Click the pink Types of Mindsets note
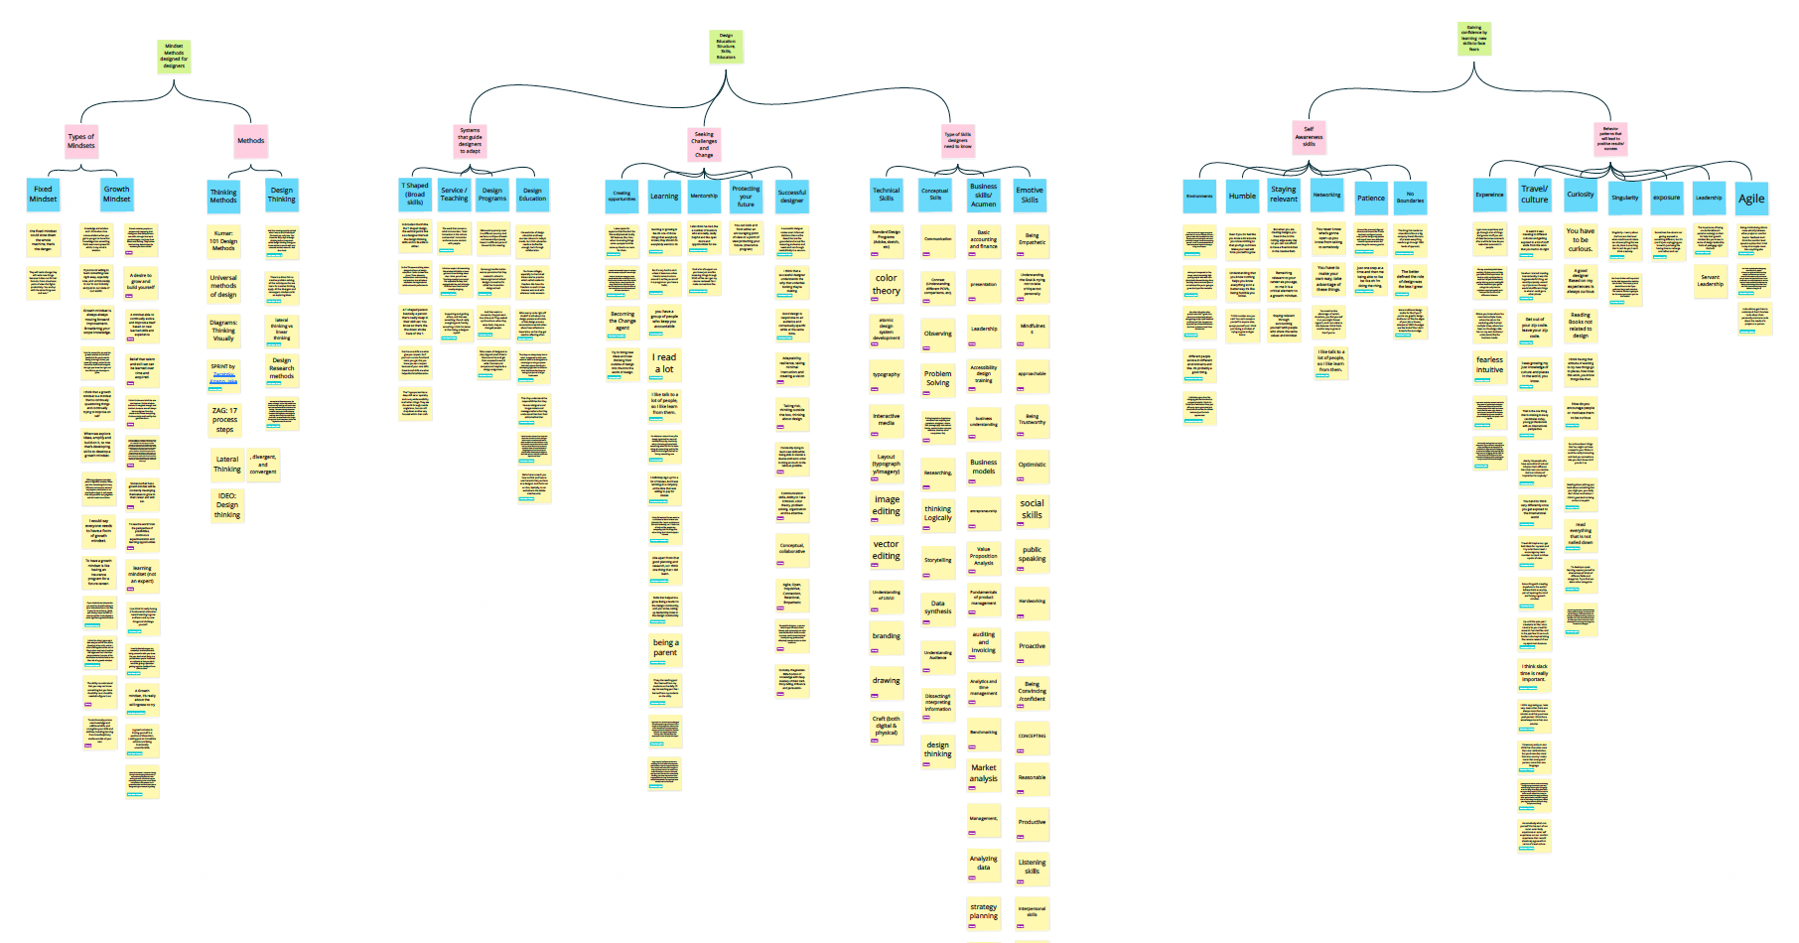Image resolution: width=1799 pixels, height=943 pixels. pos(81,141)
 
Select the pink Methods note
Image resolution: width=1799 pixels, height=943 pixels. pos(250,141)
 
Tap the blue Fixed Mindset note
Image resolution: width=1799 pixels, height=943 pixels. pos(43,194)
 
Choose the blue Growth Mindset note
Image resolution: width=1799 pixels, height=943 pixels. pos(116,194)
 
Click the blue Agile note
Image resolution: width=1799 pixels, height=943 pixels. pos(1750,198)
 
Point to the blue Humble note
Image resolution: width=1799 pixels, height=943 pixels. pos(1242,196)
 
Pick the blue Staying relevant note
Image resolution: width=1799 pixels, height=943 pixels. pos(1283,194)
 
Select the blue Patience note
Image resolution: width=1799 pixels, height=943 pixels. pos(1370,197)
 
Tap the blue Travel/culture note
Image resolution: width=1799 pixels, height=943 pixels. pos(1534,194)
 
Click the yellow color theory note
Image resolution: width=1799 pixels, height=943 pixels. pos(886,284)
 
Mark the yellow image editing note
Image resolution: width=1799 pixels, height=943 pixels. pos(887,505)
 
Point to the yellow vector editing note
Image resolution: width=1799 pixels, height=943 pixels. pos(886,550)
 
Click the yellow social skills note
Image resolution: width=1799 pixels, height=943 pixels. pos(1032,509)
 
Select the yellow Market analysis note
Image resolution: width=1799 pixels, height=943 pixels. pos(983,772)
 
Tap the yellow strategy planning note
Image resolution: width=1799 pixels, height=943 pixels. pos(983,911)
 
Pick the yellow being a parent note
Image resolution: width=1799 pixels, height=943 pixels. pos(665,647)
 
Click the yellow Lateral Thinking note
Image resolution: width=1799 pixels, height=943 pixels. pos(227,464)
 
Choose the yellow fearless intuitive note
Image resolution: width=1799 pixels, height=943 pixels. pos(1489,364)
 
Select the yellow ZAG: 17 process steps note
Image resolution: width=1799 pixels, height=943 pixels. pos(224,419)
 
